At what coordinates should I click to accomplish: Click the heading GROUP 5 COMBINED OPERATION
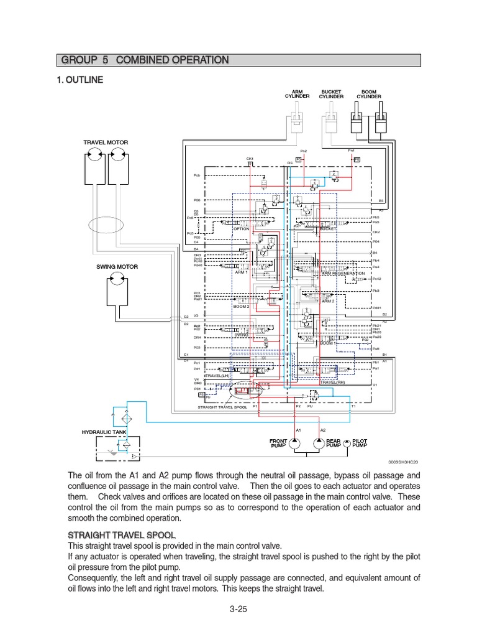[145, 60]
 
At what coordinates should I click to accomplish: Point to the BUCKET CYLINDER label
[331, 94]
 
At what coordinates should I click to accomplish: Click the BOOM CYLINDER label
[369, 94]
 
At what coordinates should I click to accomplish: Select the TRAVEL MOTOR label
[106, 142]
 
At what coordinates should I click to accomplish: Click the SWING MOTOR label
[116, 266]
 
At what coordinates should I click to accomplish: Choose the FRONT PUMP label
[278, 443]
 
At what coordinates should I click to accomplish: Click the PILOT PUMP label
[360, 443]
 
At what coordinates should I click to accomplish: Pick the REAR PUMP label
[334, 443]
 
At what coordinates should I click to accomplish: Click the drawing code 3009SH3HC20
[404, 462]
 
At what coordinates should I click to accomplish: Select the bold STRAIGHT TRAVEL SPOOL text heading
[121, 534]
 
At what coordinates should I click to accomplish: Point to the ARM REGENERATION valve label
[343, 273]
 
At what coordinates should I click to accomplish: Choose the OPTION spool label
[241, 229]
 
